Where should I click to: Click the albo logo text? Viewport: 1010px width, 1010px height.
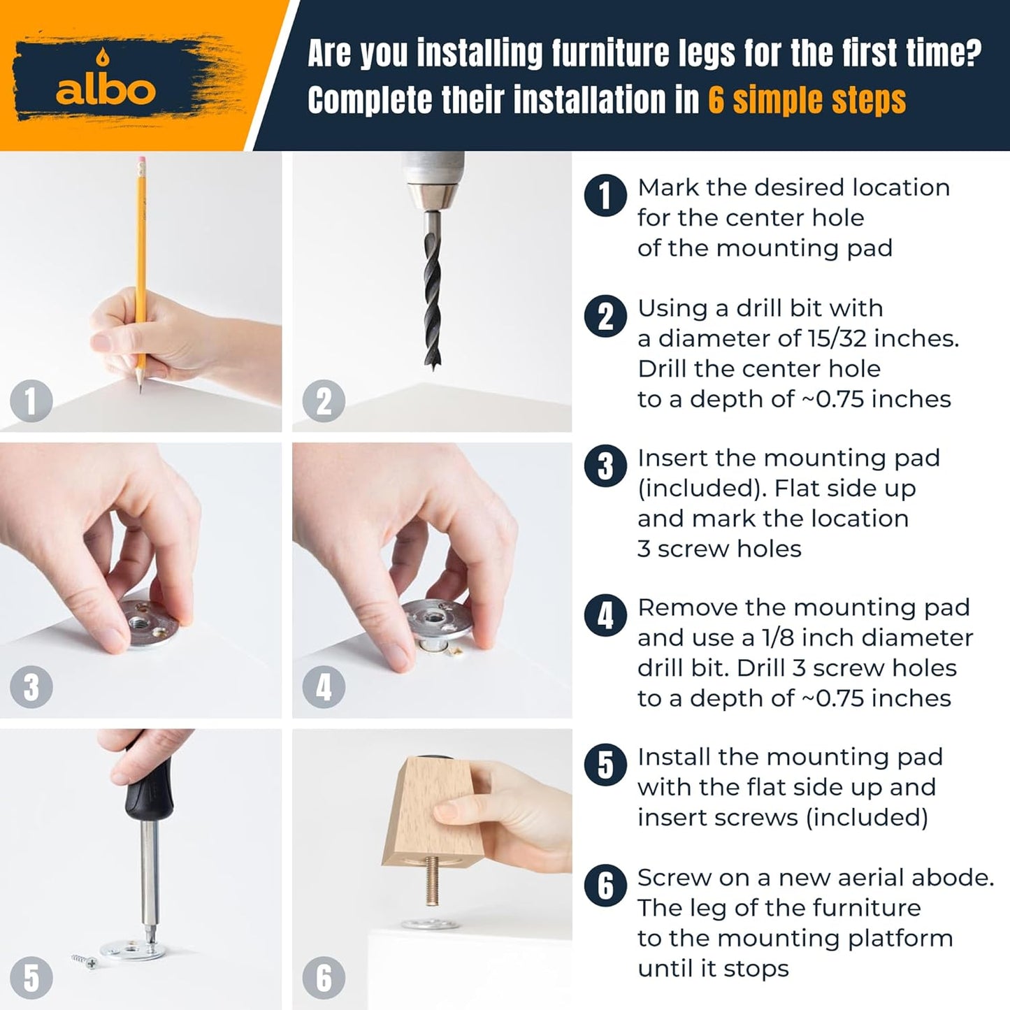106,90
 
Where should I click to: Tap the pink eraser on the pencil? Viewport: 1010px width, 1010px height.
141,161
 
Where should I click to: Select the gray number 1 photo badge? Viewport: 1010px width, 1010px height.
31,401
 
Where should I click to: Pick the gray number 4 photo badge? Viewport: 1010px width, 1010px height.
324,686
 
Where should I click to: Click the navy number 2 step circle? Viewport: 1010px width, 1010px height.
605,316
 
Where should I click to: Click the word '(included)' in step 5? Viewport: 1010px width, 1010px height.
867,818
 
